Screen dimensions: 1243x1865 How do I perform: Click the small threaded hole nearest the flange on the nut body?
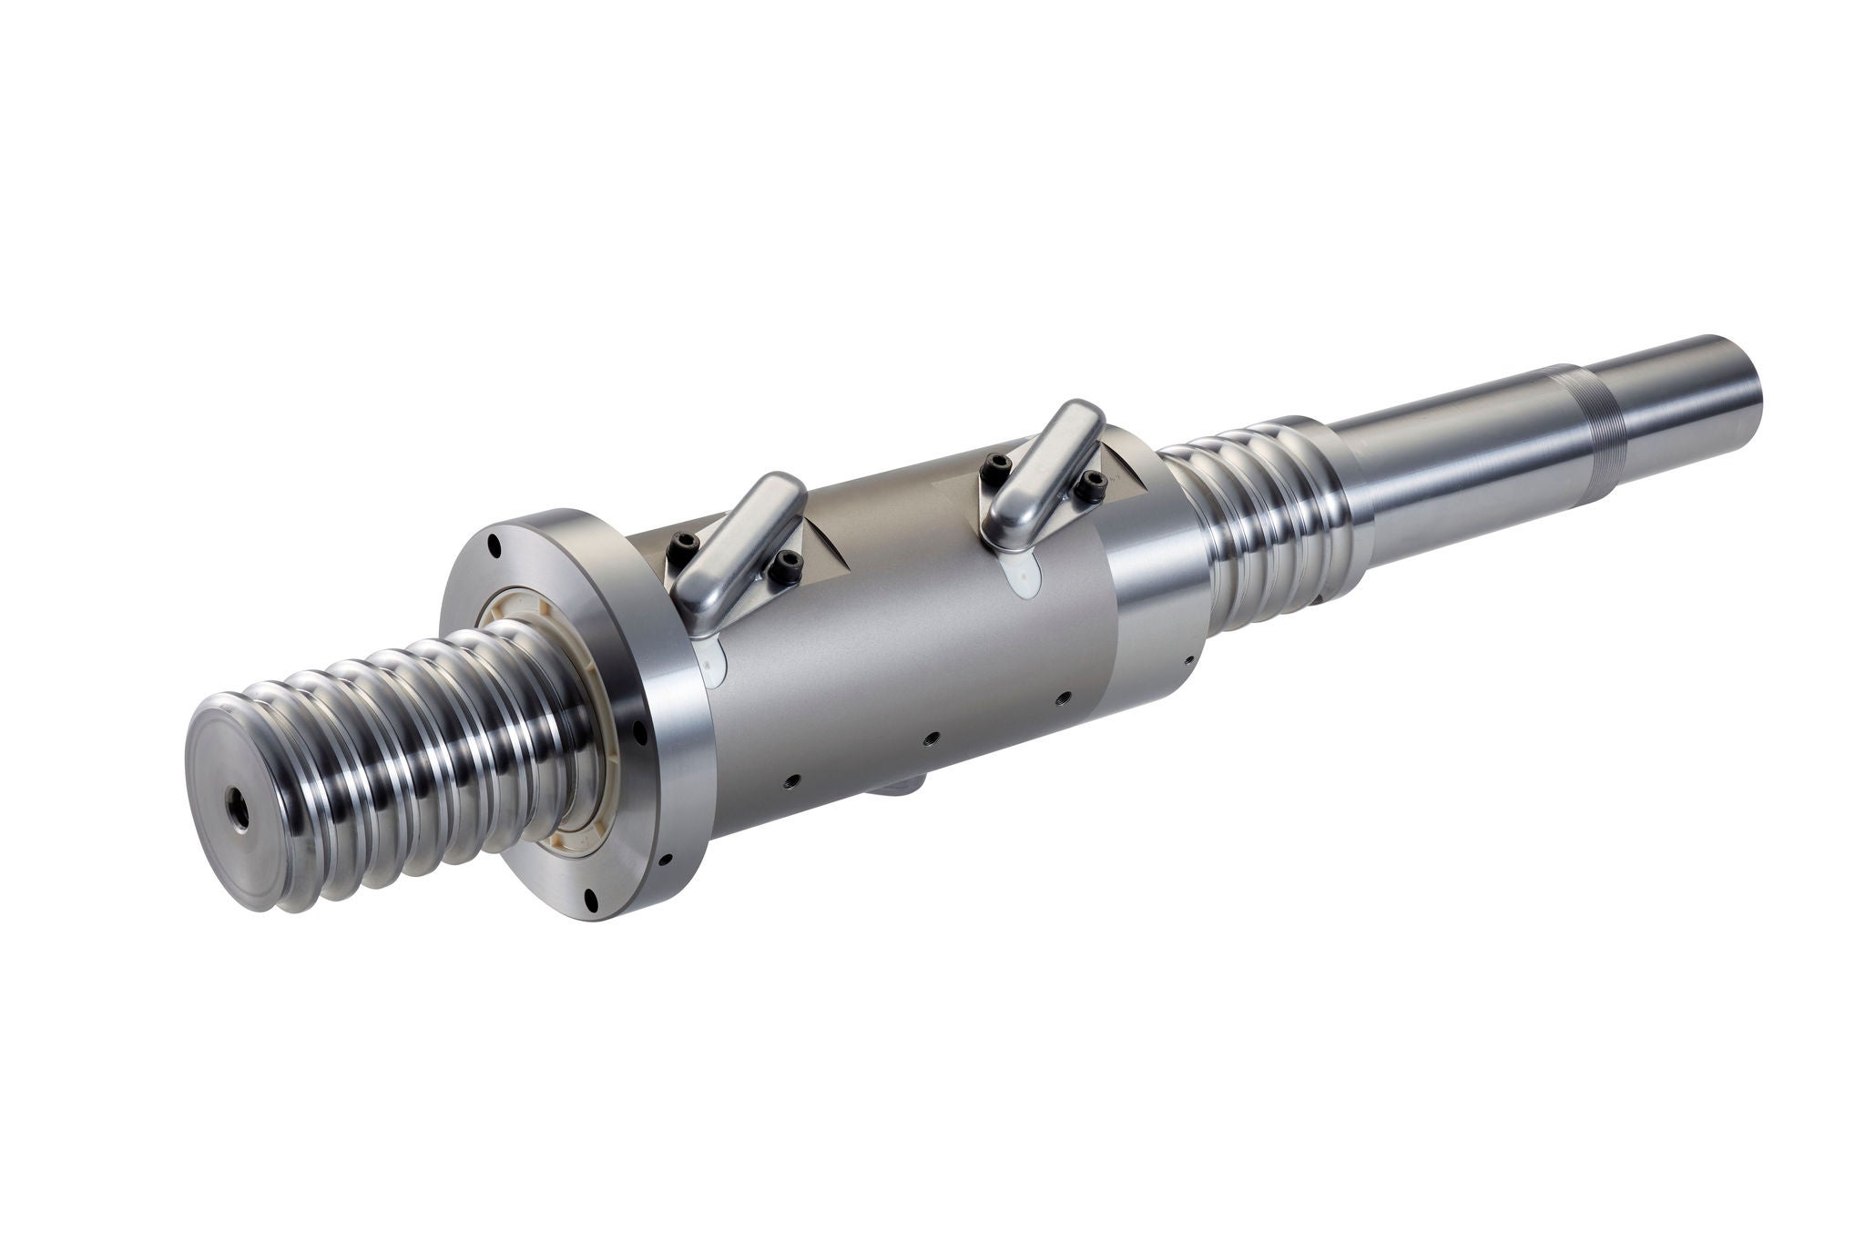791,779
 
